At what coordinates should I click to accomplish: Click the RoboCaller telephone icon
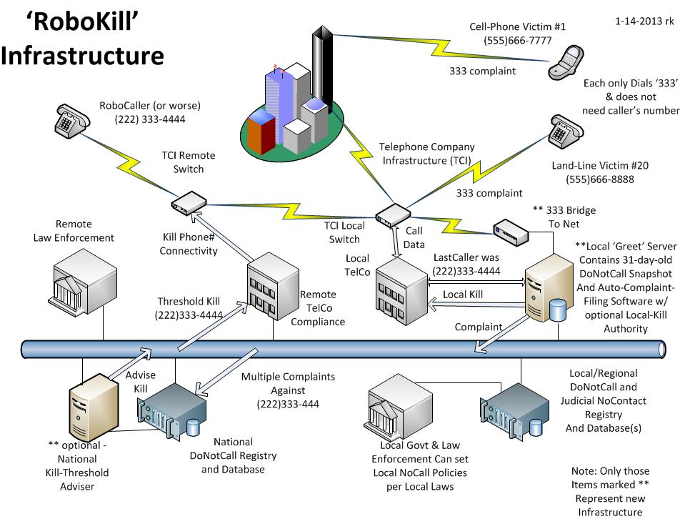coord(70,118)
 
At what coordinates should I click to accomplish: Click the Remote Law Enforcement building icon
coord(84,282)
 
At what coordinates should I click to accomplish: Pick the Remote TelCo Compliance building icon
coord(271,285)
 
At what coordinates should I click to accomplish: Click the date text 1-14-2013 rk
coord(644,21)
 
